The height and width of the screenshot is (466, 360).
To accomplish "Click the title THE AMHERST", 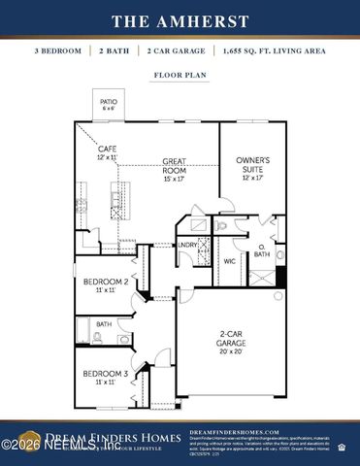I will coord(180,19).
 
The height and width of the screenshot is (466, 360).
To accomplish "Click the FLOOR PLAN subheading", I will coord(180,74).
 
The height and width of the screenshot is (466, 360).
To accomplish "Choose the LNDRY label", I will coord(186,245).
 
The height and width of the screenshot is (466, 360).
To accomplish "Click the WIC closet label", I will coord(230,261).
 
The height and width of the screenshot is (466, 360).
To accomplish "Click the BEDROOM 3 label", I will coord(105,374).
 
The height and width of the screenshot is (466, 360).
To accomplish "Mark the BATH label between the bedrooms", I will coord(103,324).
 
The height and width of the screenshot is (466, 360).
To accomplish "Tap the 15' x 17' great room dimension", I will coord(174,178).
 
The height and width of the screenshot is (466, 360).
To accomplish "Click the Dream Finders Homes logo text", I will coord(97,436).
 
